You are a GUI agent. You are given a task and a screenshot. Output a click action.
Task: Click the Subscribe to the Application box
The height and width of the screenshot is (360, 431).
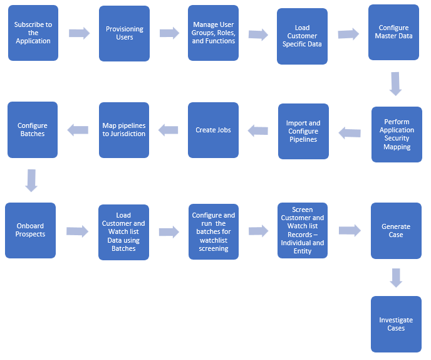[x=33, y=33]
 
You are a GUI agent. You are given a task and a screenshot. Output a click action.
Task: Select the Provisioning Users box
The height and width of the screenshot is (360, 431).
[x=125, y=33]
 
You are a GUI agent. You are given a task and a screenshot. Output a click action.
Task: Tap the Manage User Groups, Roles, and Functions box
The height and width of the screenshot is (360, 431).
[x=214, y=33]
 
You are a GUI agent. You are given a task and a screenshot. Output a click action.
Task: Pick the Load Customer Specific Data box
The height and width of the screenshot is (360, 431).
[x=303, y=36]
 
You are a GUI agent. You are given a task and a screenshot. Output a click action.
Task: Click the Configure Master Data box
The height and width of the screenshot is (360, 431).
[x=394, y=32]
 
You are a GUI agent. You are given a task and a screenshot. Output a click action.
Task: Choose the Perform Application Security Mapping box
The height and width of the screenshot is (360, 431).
[x=397, y=134]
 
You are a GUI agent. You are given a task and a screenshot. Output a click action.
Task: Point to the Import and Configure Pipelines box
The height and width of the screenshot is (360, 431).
[x=303, y=131]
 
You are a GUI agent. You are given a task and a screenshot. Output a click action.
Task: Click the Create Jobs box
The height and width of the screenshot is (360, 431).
[x=214, y=130]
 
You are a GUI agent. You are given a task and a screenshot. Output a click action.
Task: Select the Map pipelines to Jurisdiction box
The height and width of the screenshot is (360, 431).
[x=124, y=130]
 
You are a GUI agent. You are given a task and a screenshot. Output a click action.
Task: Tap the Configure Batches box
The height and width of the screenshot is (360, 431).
[x=33, y=129]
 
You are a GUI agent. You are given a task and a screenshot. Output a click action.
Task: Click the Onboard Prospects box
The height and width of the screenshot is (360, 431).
[x=31, y=230]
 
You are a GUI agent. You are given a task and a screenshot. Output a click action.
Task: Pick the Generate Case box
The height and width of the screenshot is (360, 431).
[x=396, y=230]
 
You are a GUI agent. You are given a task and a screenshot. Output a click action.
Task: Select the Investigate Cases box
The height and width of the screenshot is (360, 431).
[x=396, y=324]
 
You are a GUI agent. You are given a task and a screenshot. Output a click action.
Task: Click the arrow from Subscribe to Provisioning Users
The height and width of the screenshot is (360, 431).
[x=79, y=33]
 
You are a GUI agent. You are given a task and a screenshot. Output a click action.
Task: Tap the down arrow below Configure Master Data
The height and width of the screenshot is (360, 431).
[x=395, y=83]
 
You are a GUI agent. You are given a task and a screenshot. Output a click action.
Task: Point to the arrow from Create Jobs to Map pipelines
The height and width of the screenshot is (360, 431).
[x=169, y=130]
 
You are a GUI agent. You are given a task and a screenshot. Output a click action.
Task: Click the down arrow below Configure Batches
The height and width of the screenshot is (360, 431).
[x=31, y=179]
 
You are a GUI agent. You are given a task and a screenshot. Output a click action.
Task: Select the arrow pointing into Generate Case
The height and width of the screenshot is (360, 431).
[x=350, y=230]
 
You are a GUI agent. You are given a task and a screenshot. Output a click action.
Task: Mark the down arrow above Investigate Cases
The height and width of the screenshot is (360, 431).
[x=396, y=277]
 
